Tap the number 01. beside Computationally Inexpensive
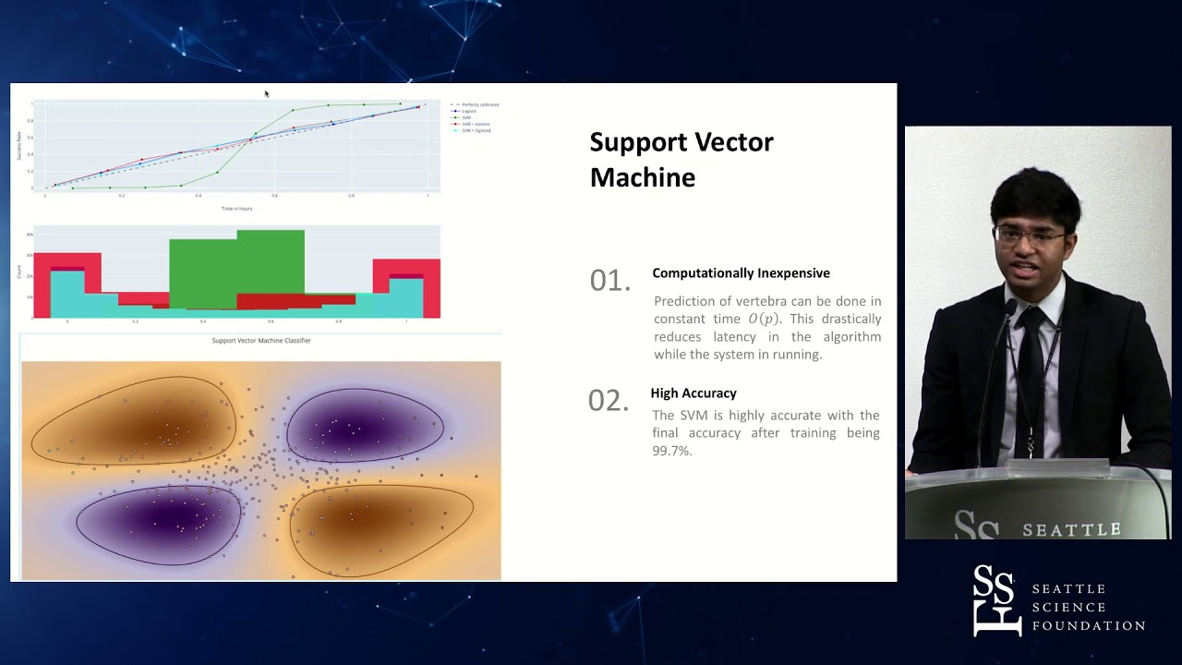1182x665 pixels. point(609,281)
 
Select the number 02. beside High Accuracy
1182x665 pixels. point(608,400)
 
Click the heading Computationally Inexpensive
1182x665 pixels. point(741,273)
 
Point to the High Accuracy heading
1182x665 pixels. point(693,393)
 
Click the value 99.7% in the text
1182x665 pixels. point(671,451)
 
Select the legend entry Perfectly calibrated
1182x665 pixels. point(476,104)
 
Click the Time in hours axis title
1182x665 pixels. point(236,209)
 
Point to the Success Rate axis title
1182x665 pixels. point(18,145)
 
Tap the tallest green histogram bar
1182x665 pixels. point(271,268)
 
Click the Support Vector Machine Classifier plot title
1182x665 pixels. point(261,341)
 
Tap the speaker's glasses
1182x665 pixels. point(1030,236)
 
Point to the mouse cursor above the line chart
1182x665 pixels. point(266,93)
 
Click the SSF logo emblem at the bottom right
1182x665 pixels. point(996,600)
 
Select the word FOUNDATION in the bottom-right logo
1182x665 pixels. point(1088,626)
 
